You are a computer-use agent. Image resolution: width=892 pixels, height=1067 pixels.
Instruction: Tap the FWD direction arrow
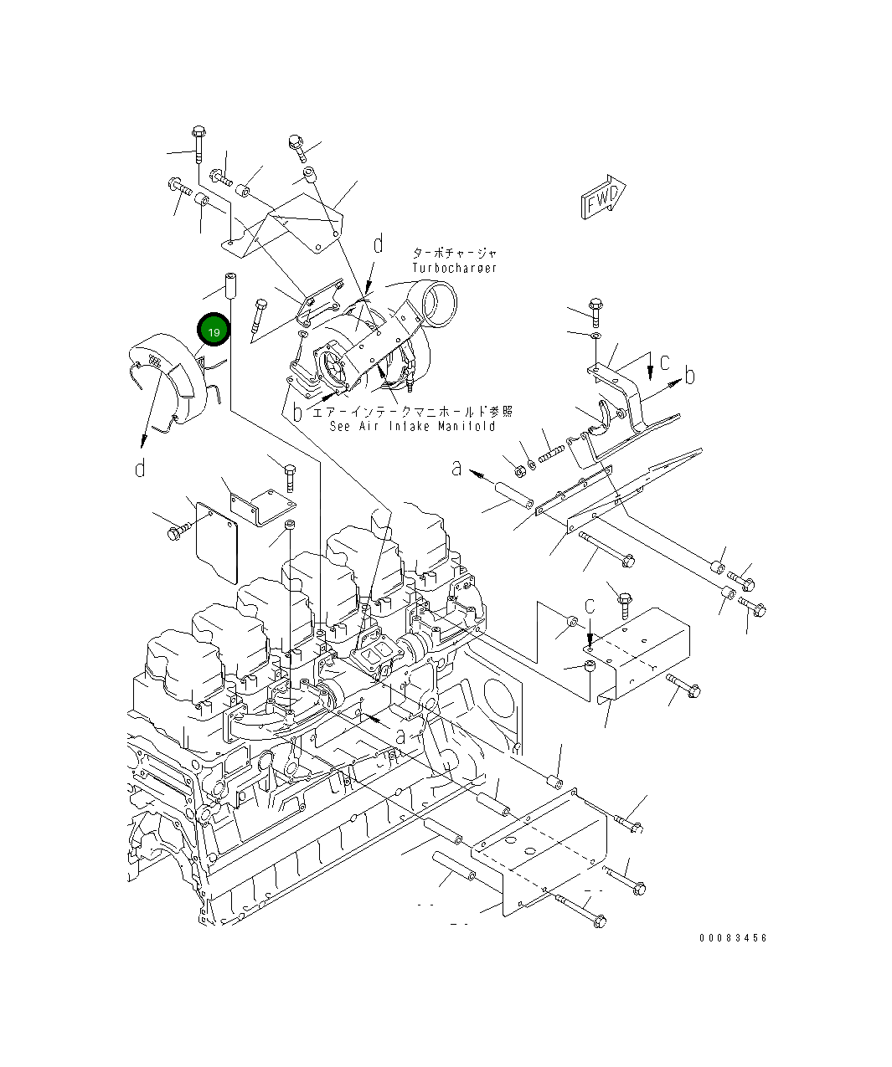(x=604, y=197)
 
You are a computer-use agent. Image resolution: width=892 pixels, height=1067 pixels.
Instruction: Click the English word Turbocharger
(x=454, y=268)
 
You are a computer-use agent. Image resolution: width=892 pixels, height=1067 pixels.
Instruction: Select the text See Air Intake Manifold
(x=412, y=426)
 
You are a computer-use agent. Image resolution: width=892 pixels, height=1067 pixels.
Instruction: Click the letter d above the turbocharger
(x=378, y=244)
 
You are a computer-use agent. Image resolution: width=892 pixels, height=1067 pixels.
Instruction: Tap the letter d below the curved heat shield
(x=140, y=468)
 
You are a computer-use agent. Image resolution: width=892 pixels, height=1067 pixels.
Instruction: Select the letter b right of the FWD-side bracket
(x=689, y=376)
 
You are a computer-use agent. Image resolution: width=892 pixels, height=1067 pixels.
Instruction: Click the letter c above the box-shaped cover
(x=590, y=607)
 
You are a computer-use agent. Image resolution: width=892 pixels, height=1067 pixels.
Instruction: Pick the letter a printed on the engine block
(x=401, y=736)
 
